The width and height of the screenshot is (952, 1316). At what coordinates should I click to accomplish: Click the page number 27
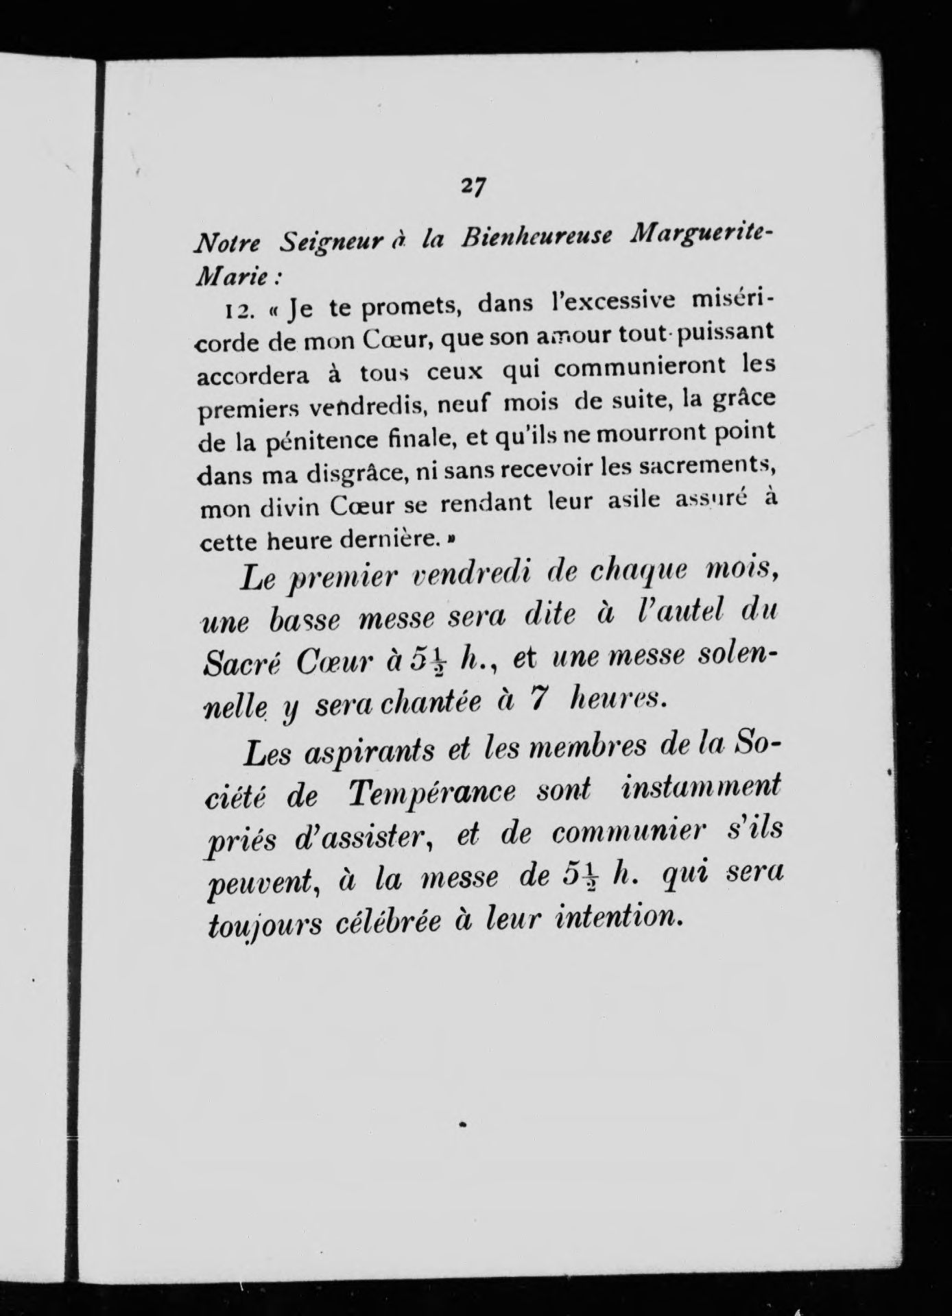473,186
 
